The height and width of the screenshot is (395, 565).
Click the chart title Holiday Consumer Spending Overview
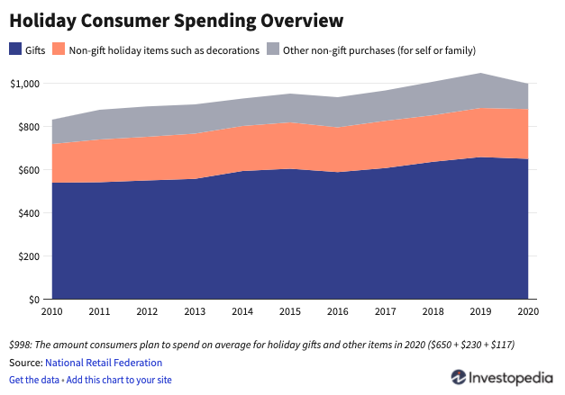pos(178,20)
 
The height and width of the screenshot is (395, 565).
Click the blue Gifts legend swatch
pos(14,50)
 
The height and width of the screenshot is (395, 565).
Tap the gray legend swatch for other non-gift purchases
pos(274,50)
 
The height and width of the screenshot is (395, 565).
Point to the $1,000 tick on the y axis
pos(24,84)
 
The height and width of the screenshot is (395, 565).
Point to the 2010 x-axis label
pos(51,313)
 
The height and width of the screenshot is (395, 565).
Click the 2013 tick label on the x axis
pos(195,313)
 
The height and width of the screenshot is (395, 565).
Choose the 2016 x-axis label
pos(337,313)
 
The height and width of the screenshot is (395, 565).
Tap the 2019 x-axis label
pos(480,313)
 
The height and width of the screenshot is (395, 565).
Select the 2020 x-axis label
pos(528,313)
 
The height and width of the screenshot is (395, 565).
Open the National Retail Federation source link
pos(104,363)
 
